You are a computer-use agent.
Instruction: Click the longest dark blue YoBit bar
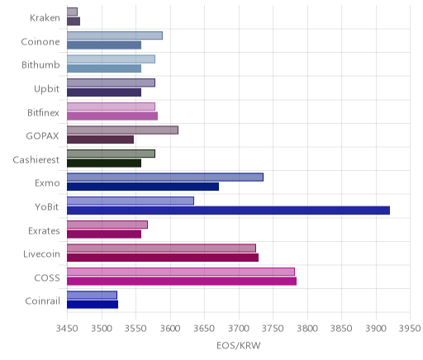[x=228, y=211]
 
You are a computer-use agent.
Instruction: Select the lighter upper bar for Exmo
[x=165, y=178]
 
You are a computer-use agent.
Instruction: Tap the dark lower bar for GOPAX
[x=100, y=140]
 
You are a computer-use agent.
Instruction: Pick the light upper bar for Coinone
[x=115, y=36]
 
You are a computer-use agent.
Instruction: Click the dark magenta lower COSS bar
[x=182, y=282]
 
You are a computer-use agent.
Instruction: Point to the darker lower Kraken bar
[x=74, y=21]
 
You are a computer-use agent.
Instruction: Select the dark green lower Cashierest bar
[x=104, y=163]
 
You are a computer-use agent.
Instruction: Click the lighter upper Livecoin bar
[x=161, y=248]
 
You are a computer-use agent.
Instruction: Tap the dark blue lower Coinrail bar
[x=93, y=305]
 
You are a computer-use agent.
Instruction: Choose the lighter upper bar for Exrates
[x=107, y=225]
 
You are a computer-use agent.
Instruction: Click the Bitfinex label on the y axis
[x=43, y=112]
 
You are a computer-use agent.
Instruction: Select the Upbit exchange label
[x=46, y=89]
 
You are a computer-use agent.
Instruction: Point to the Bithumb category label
[x=40, y=64]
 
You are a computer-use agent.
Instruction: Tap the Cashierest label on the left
[x=36, y=159]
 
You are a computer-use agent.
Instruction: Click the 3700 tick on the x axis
[x=239, y=328]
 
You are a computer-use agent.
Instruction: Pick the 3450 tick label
[x=67, y=328]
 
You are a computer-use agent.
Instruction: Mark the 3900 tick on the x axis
[x=376, y=328]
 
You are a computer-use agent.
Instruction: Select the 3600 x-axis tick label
[x=170, y=328]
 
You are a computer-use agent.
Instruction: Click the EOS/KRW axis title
[x=239, y=345]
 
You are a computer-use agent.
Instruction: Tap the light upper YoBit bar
[x=131, y=201]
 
